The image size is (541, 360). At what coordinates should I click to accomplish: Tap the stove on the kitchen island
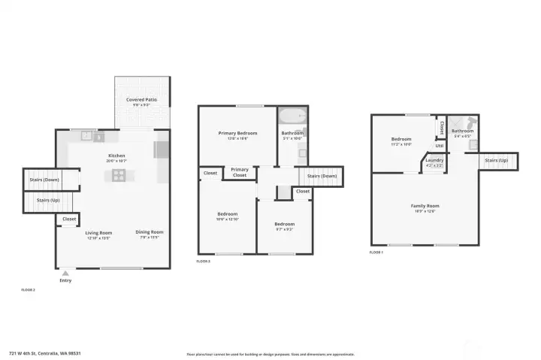pos(119,176)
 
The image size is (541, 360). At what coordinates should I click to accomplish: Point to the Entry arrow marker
pos(65,273)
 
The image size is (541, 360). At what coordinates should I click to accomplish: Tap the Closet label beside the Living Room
pos(69,219)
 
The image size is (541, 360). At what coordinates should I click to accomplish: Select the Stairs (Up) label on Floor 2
pos(44,201)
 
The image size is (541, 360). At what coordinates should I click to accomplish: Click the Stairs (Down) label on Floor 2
pos(44,180)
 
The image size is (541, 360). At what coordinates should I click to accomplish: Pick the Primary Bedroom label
pos(237,133)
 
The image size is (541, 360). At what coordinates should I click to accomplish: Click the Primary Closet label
pos(240,172)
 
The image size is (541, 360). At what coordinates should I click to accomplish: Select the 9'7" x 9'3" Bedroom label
pos(284,224)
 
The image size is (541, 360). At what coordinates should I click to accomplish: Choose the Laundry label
pos(434,160)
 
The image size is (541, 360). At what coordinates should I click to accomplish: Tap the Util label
pos(440,146)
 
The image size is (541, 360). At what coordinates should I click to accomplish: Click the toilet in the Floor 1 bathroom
pos(471,121)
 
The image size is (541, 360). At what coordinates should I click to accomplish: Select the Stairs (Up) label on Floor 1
pos(497,160)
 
